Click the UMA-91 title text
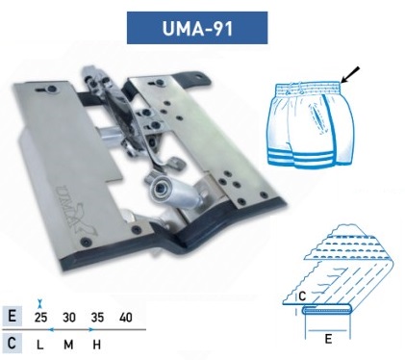197,28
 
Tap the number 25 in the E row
40,318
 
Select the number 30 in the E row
69,318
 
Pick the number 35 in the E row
97,318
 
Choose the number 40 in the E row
126,318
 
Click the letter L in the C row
40,345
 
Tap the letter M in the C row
68,345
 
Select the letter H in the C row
97,345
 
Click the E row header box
13,316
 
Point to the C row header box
13,344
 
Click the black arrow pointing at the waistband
350,75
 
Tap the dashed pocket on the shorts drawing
317,119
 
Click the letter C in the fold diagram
302,296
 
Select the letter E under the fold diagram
328,339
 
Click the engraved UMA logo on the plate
76,210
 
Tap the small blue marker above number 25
40,303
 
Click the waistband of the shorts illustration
308,88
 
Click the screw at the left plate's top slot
51,90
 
